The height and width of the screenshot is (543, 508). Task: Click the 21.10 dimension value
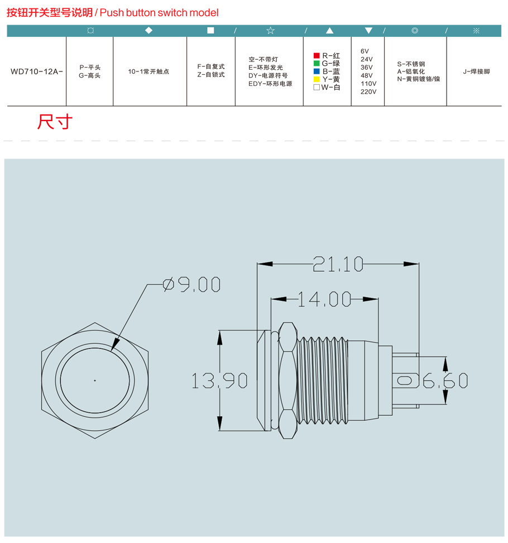click(338, 264)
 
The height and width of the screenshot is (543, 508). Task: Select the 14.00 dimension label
click(324, 299)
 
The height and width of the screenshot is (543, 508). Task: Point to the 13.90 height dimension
click(219, 381)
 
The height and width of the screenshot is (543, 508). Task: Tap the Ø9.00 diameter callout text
click(191, 285)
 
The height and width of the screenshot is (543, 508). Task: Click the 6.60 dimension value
click(445, 381)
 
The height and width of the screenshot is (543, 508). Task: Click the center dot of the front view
click(95, 381)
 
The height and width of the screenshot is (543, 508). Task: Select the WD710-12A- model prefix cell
click(37, 71)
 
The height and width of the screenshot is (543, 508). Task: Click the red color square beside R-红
click(317, 55)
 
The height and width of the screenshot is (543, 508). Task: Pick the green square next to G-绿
click(317, 64)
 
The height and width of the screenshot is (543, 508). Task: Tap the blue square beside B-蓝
click(317, 71)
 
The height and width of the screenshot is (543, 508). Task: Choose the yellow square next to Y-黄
click(317, 79)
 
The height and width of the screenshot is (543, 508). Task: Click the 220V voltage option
click(368, 92)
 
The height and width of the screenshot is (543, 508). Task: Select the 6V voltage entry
click(365, 51)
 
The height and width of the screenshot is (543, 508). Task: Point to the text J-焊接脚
click(477, 71)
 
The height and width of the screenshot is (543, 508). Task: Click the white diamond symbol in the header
click(148, 31)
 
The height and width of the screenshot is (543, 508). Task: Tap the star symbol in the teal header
click(271, 31)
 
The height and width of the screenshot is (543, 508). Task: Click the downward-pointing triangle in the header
click(368, 31)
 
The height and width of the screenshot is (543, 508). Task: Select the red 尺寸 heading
click(55, 122)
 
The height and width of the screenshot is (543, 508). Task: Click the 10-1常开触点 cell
click(148, 71)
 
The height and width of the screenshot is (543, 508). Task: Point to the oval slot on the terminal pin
click(404, 381)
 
